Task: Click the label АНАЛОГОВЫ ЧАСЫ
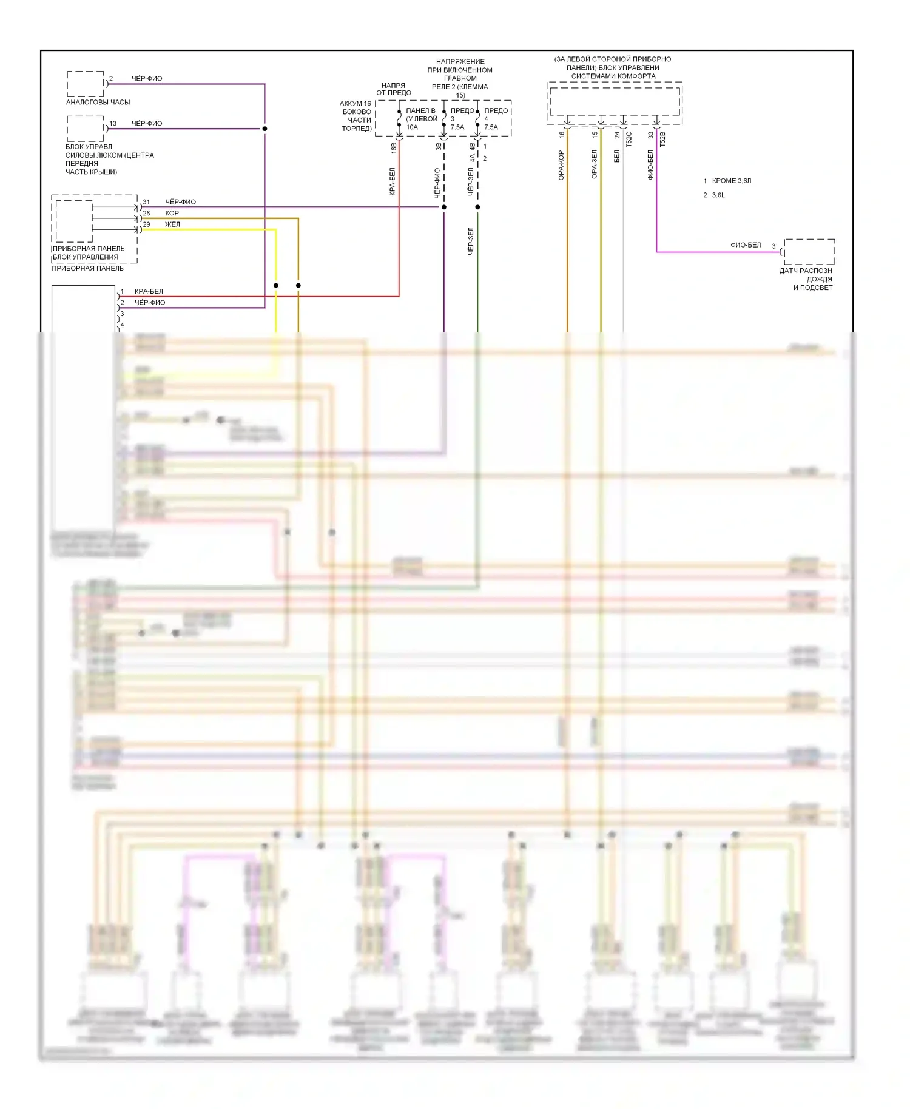point(98,102)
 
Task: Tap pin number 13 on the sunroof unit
point(113,123)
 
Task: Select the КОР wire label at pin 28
point(172,213)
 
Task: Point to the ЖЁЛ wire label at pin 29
point(172,224)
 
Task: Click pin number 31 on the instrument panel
point(146,202)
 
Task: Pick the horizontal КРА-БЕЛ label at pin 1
point(149,291)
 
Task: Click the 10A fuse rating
point(412,127)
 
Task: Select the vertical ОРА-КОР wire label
point(561,165)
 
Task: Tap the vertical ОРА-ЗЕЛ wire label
point(595,164)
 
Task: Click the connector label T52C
point(629,139)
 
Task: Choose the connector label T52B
point(662,139)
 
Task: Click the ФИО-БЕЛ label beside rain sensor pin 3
point(746,245)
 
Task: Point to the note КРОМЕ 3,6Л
point(732,181)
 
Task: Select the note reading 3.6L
point(718,195)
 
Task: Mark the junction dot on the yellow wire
point(276,285)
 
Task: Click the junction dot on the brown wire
point(298,285)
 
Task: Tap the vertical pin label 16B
point(394,147)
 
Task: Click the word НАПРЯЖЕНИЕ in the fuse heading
point(460,61)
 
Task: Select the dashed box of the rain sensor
point(809,252)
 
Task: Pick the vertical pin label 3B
point(439,146)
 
